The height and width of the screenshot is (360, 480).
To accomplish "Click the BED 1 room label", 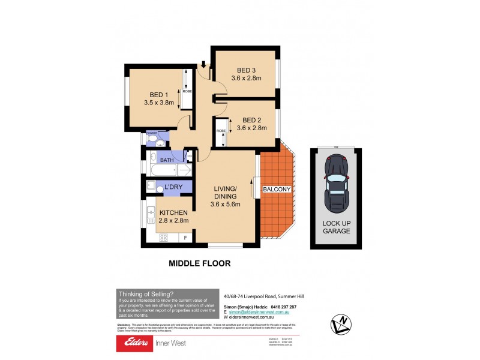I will point(158,94).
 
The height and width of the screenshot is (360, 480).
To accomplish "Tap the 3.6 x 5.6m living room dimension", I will point(225,204).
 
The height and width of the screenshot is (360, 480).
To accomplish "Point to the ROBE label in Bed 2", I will point(221,131).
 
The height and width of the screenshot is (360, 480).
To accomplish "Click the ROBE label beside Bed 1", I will point(187,91).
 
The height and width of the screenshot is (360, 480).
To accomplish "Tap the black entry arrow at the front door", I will point(204,64).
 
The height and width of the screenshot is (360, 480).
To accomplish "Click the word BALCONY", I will point(277,190).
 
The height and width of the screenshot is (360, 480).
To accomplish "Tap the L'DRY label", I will point(173,188).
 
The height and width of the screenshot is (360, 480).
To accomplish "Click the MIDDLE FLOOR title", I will point(199,263).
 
